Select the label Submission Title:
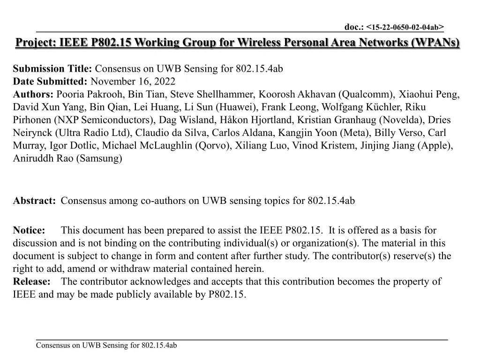coord(52,69)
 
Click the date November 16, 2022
coord(133,82)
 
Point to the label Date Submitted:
coord(50,82)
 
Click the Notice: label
coord(29,230)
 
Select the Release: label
coord(32,282)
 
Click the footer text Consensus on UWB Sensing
coord(106,346)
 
